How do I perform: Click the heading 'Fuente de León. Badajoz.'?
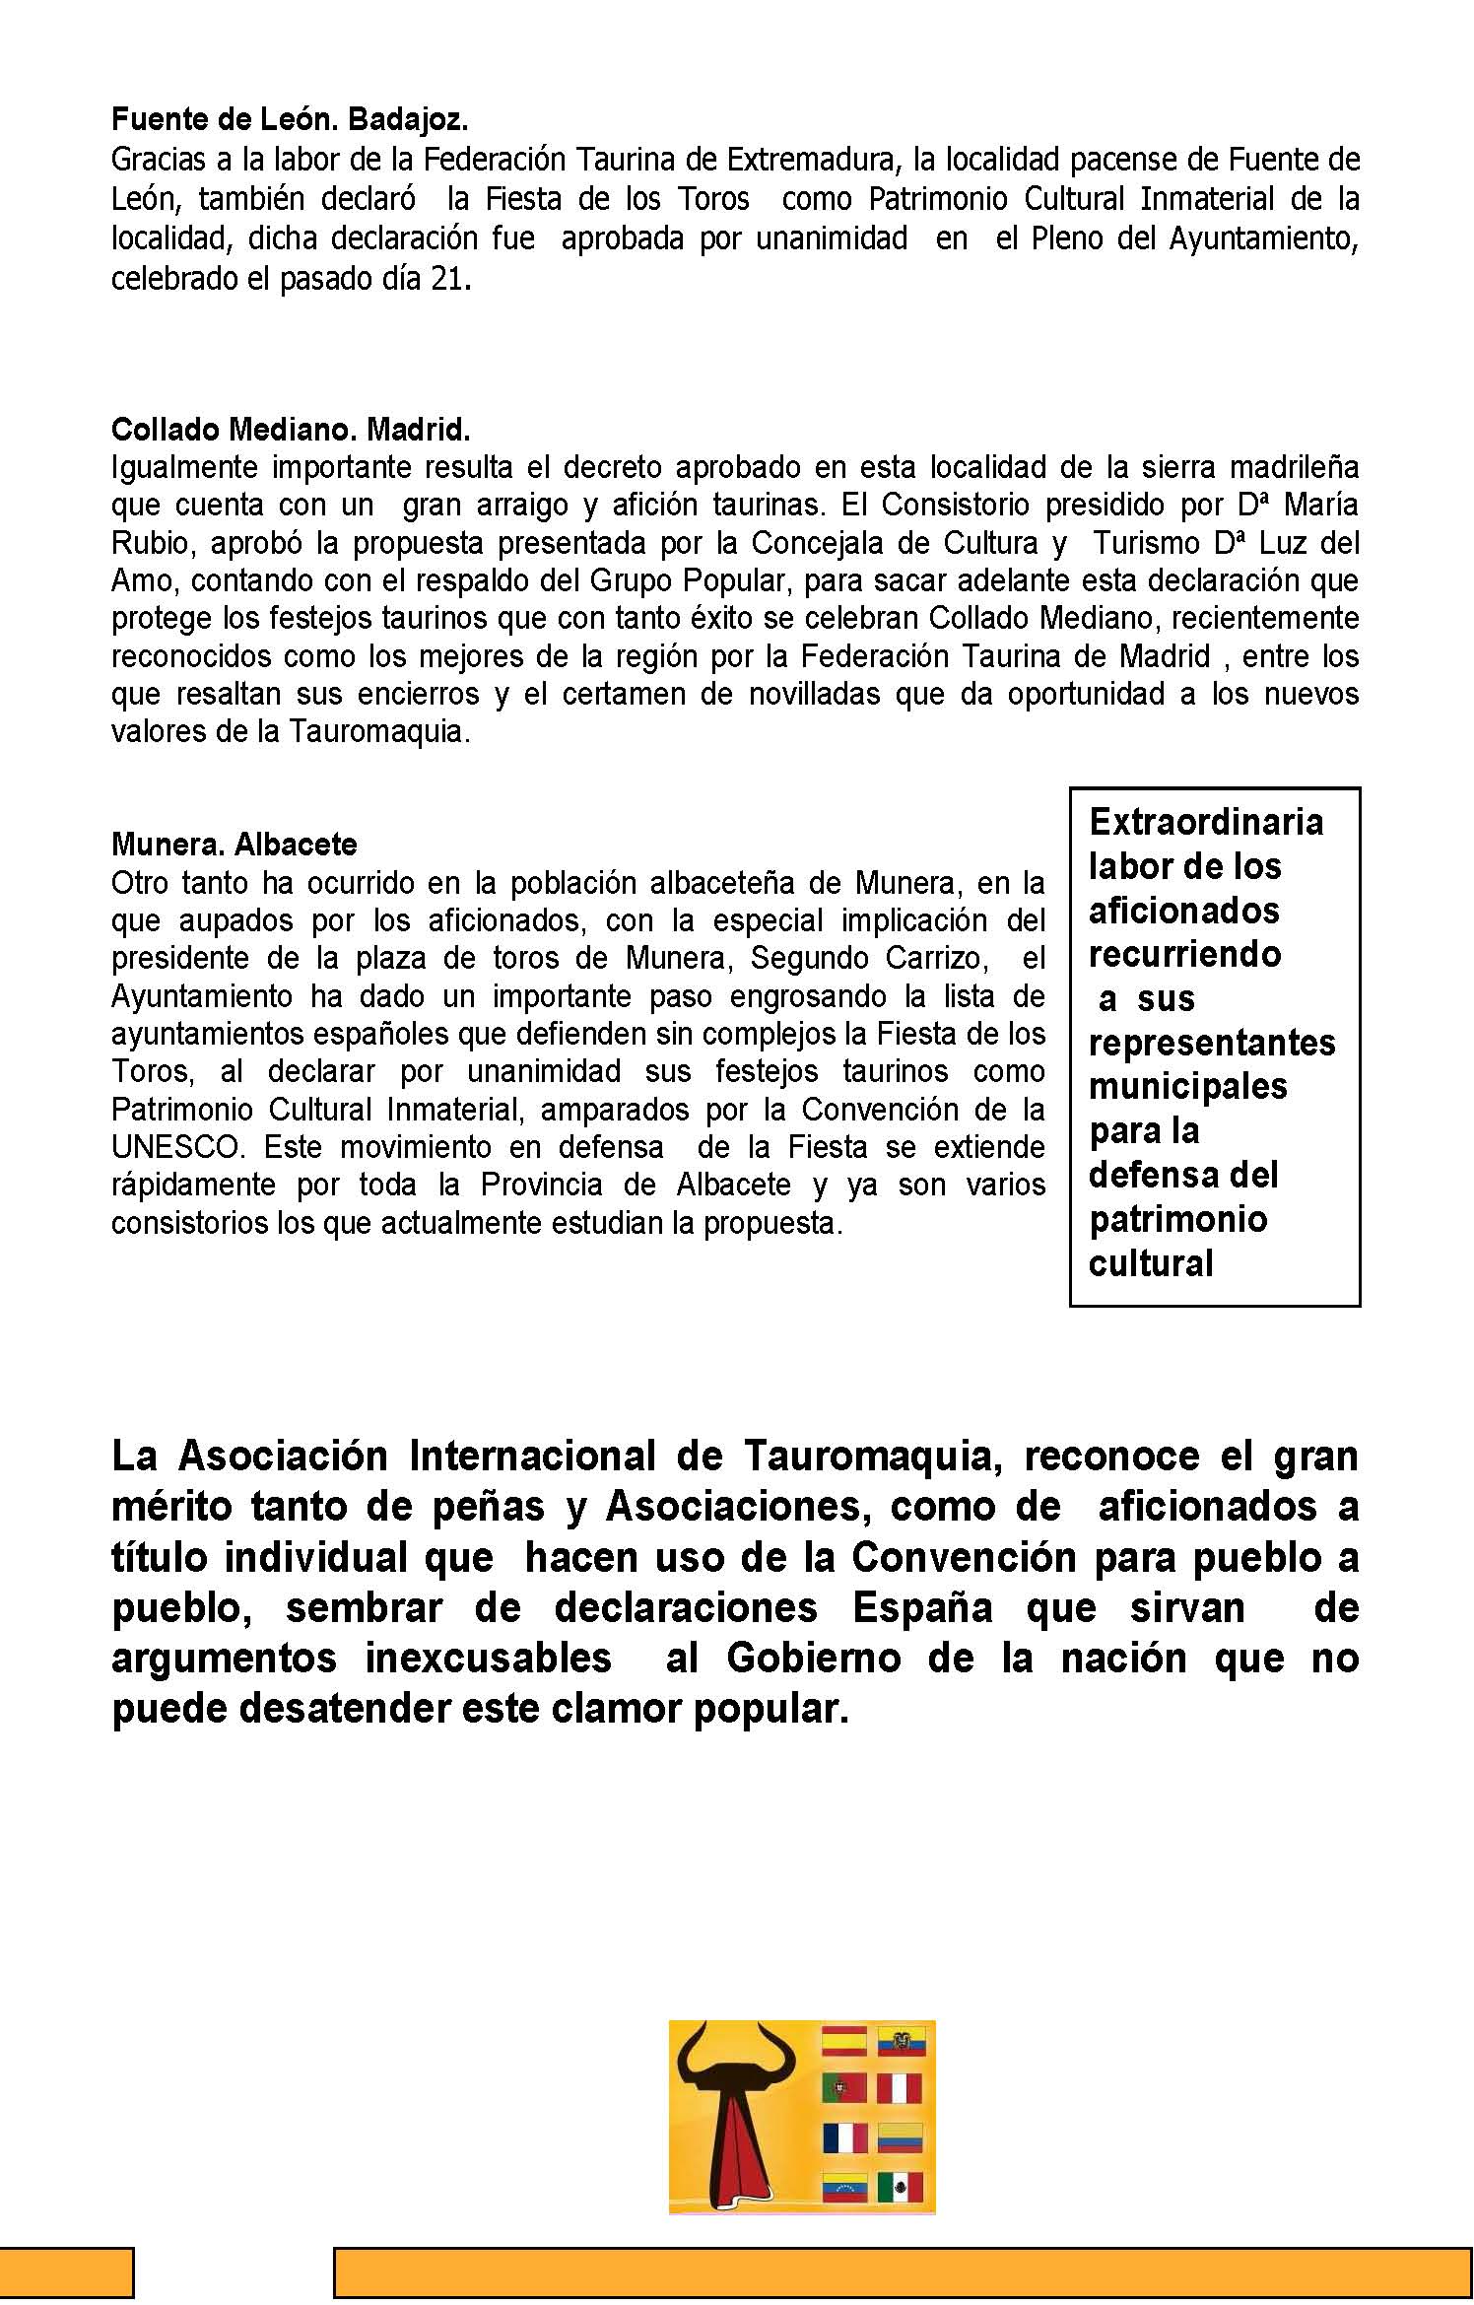pyautogui.click(x=289, y=120)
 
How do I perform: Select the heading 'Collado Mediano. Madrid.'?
pyautogui.click(x=291, y=430)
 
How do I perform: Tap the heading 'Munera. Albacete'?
pyautogui.click(x=234, y=845)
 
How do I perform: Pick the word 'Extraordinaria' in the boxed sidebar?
pyautogui.click(x=1205, y=822)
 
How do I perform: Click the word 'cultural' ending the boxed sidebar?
pyautogui.click(x=1150, y=1263)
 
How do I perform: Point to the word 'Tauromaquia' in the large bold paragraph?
pyautogui.click(x=872, y=1456)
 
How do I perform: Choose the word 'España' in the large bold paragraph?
pyautogui.click(x=922, y=1607)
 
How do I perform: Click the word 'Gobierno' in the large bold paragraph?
pyautogui.click(x=813, y=1658)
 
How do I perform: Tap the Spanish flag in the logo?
pyautogui.click(x=844, y=2040)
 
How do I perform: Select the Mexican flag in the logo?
pyautogui.click(x=900, y=2188)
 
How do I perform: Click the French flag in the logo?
pyautogui.click(x=844, y=2137)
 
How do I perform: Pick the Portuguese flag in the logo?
pyautogui.click(x=844, y=2088)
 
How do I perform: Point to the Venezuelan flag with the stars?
pyautogui.click(x=844, y=2188)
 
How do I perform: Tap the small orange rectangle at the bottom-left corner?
pyautogui.click(x=66, y=2271)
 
